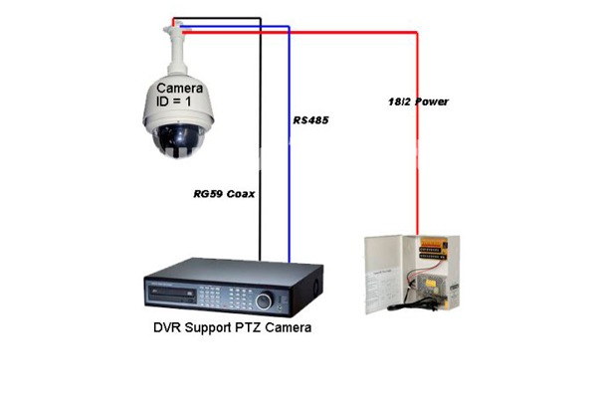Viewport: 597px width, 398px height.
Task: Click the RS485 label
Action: click(x=310, y=120)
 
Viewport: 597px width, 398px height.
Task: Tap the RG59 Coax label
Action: click(x=220, y=194)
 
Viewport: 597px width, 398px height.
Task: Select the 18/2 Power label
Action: click(x=418, y=102)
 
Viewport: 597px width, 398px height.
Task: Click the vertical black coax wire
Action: click(x=261, y=149)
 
